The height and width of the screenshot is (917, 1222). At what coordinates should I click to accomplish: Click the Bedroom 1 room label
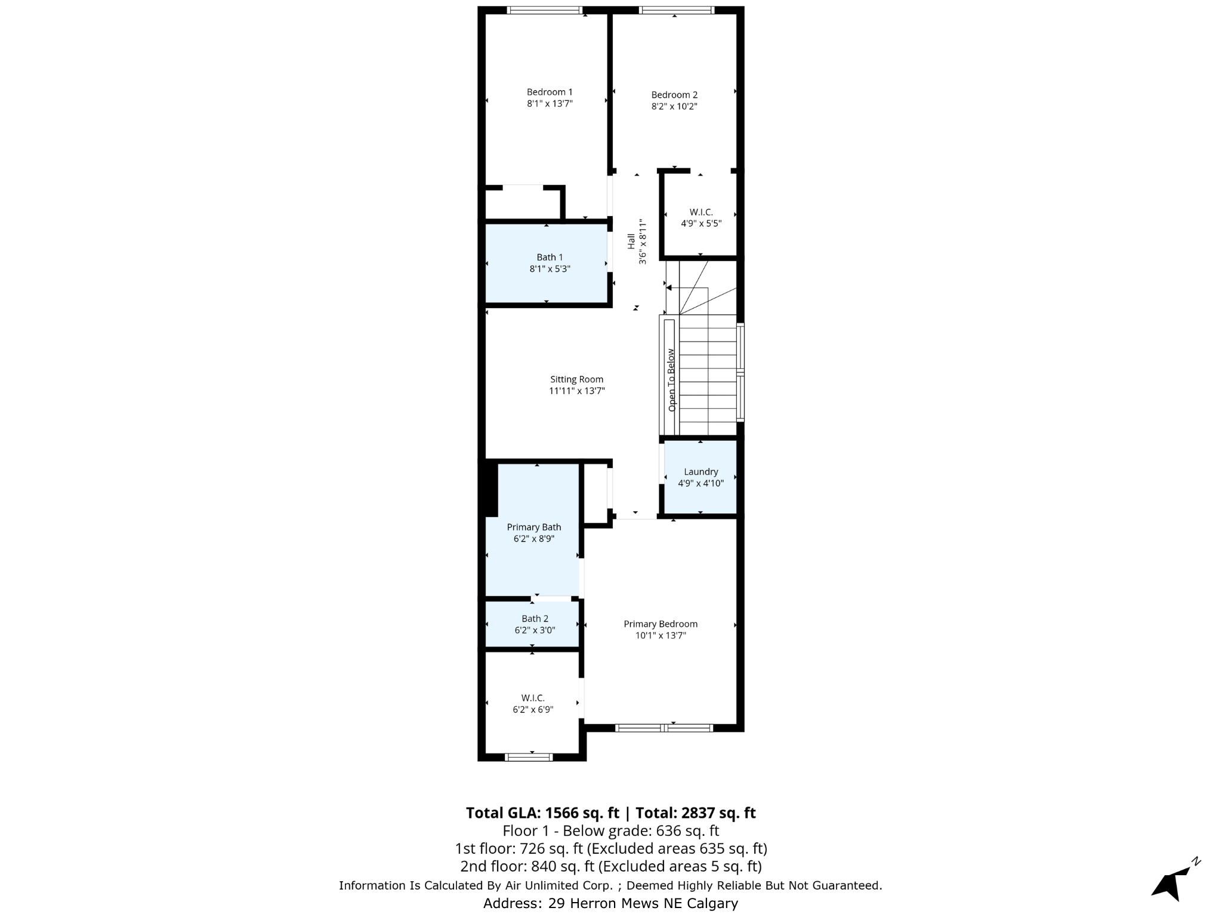(549, 92)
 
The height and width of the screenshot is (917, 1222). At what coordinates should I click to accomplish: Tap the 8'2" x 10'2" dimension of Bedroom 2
(674, 107)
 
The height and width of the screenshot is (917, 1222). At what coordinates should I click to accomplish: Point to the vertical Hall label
(631, 241)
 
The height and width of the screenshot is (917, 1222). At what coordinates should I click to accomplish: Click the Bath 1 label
(550, 257)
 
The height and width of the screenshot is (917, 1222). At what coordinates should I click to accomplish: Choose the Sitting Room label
(576, 379)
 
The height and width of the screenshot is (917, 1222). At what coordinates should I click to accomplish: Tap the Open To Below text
(671, 380)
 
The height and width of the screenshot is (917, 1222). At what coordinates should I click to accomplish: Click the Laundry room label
(701, 472)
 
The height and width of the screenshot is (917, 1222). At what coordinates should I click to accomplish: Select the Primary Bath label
(534, 527)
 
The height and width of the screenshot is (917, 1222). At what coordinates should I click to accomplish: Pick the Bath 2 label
(535, 619)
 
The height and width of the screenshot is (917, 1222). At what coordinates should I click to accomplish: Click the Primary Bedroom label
(661, 624)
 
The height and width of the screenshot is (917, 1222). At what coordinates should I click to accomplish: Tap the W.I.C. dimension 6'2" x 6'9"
(533, 710)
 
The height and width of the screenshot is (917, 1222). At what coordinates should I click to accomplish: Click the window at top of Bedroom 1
(544, 10)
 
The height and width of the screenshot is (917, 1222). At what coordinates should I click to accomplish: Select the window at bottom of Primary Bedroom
(664, 728)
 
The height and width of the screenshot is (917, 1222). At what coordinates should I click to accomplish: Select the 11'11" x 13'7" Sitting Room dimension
(576, 391)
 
